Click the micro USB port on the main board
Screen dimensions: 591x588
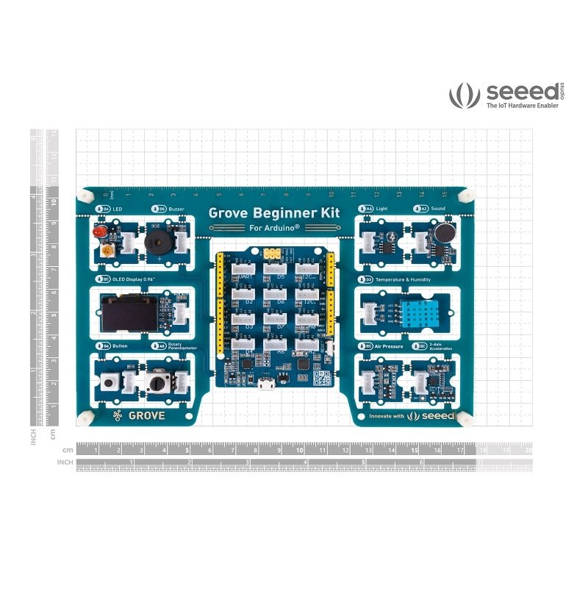(x=270, y=385)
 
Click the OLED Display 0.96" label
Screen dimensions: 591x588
(x=137, y=280)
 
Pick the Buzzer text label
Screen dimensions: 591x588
(x=176, y=209)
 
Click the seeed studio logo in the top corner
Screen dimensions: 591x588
(x=508, y=95)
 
